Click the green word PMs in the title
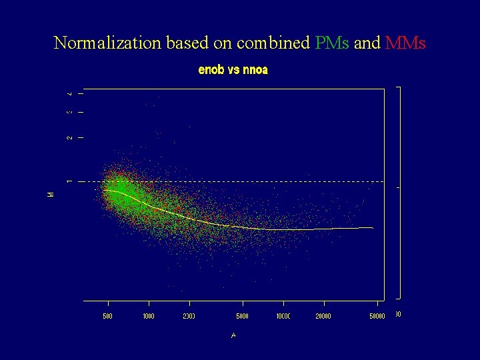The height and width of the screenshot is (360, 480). coord(331,43)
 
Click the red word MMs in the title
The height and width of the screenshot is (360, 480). coord(405,43)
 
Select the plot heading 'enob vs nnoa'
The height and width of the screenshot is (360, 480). coord(233,70)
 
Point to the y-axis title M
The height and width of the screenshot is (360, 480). coord(51,194)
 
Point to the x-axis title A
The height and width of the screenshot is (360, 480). coord(233,335)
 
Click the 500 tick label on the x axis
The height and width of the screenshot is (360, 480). coord(107,316)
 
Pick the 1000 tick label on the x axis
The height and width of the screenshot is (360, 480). coord(148,316)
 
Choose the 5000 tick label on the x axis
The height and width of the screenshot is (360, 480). coord(243,316)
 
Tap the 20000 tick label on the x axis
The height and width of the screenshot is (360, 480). coord(323,316)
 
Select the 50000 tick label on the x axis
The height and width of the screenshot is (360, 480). coord(377,316)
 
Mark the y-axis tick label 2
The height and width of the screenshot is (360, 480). coord(69,137)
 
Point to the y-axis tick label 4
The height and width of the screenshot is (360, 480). coord(69,93)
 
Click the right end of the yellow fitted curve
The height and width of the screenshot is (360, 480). coord(373,228)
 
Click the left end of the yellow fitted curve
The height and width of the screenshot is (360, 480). coord(104,190)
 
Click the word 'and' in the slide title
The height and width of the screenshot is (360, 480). coord(367,43)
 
